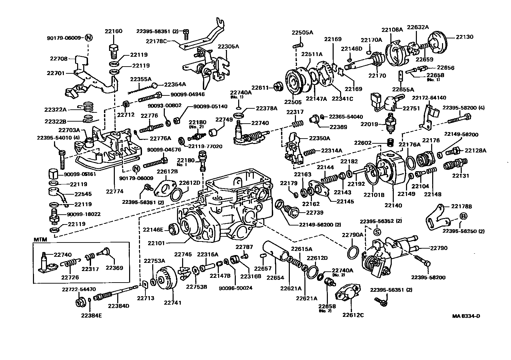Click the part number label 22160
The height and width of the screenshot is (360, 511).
[x=113, y=31]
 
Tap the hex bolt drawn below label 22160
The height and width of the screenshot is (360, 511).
[x=113, y=50]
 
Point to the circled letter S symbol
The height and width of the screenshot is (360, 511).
[x=377, y=232]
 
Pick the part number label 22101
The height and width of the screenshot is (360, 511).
[x=156, y=243]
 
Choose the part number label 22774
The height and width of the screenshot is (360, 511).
[x=114, y=191]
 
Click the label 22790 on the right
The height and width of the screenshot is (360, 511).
[x=439, y=248]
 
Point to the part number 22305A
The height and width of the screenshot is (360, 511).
[x=228, y=46]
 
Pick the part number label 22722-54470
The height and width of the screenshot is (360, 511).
[x=79, y=289]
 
